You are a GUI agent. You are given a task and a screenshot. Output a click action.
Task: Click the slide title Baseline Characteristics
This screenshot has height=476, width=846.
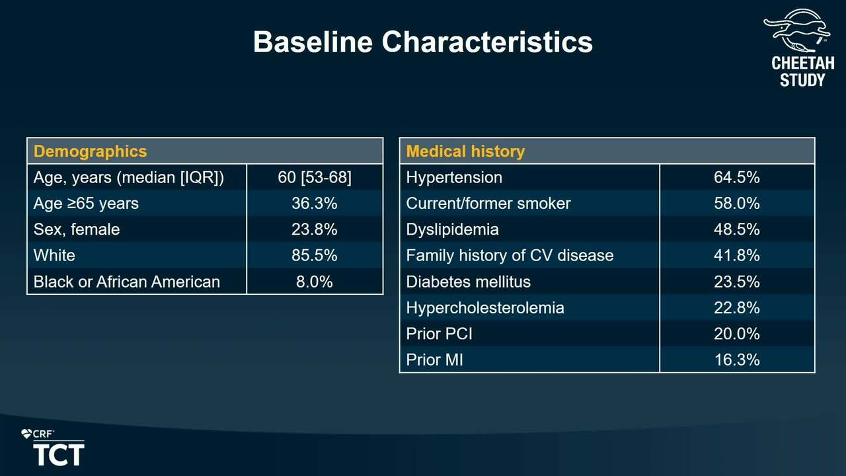point(422,42)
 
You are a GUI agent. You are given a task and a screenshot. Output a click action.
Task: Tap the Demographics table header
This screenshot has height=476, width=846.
point(90,151)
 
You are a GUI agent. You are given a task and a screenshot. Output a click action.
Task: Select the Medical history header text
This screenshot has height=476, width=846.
point(465,151)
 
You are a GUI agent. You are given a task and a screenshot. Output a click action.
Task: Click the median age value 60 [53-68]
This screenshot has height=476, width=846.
point(314,178)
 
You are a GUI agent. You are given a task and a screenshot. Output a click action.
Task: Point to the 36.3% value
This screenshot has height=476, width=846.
point(314,204)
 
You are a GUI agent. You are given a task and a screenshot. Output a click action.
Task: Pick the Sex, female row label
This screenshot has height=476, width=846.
point(77,229)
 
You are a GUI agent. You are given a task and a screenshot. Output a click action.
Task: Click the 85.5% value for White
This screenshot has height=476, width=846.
point(314,255)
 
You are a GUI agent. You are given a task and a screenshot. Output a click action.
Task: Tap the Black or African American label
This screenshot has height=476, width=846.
point(126,282)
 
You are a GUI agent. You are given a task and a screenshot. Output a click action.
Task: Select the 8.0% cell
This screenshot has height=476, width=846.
point(314,282)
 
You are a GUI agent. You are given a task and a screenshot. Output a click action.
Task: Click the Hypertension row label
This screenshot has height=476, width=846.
point(454,178)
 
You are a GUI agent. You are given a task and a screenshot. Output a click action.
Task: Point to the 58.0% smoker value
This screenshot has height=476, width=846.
point(736,204)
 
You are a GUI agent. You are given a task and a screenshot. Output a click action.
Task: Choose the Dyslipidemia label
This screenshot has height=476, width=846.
point(453,229)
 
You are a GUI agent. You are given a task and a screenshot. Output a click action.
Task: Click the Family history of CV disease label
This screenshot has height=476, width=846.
point(510,255)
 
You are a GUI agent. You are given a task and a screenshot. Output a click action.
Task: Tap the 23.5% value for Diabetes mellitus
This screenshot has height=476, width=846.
point(736,282)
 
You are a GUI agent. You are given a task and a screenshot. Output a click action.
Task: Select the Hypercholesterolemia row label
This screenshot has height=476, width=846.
point(485,308)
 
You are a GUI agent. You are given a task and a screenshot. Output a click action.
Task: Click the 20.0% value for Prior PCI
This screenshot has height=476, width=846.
point(736,334)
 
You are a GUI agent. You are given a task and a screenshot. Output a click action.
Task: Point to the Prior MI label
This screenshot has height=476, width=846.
point(434,360)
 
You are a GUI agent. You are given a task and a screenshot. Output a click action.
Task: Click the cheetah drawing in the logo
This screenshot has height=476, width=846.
point(797,30)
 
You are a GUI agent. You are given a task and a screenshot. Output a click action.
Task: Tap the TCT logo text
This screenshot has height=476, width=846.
point(59,455)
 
